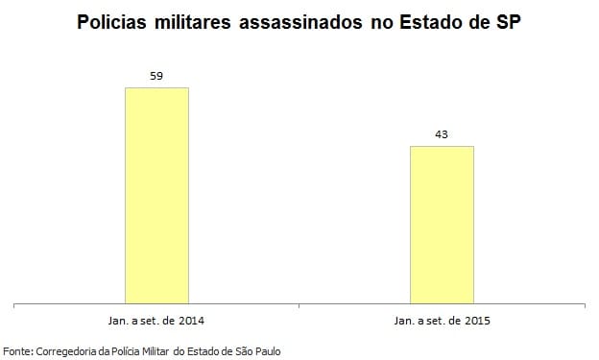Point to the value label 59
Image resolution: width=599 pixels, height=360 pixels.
[156, 75]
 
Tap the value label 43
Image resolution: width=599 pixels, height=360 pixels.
[442, 134]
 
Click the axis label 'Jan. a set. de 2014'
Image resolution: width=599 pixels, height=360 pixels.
[156, 319]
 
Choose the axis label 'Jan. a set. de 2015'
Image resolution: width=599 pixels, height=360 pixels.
[442, 319]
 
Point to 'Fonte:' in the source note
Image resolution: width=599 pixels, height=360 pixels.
[18, 350]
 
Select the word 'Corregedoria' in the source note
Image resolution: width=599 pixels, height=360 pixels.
[64, 350]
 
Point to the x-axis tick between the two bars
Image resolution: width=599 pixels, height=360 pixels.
[299, 306]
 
